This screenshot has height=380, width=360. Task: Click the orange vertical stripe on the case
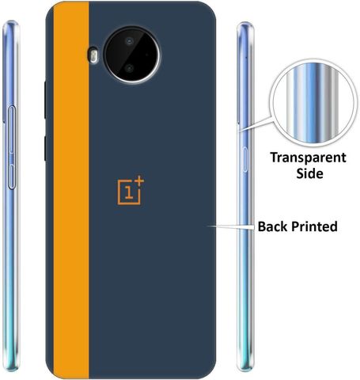tap(71, 190)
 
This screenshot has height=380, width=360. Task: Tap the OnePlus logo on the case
tap(131, 190)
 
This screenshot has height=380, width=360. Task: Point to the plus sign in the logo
tap(139, 180)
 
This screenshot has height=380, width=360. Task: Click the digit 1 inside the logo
tap(129, 192)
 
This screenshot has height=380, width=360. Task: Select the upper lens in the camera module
tap(129, 41)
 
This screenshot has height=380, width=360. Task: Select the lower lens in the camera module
tap(129, 68)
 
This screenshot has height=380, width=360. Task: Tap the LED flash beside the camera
tap(93, 55)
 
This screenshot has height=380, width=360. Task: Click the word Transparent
tap(308, 158)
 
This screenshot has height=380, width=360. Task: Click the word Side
tap(309, 173)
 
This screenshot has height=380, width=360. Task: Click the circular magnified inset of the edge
tap(313, 103)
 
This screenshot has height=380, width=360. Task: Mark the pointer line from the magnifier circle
tap(256, 123)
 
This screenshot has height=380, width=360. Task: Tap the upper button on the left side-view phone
tap(12, 129)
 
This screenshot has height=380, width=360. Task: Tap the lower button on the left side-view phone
tap(12, 177)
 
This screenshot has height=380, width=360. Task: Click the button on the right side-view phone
tap(245, 160)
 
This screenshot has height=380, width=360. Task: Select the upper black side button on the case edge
tap(45, 100)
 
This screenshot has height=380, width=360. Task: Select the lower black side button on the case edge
tap(45, 149)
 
